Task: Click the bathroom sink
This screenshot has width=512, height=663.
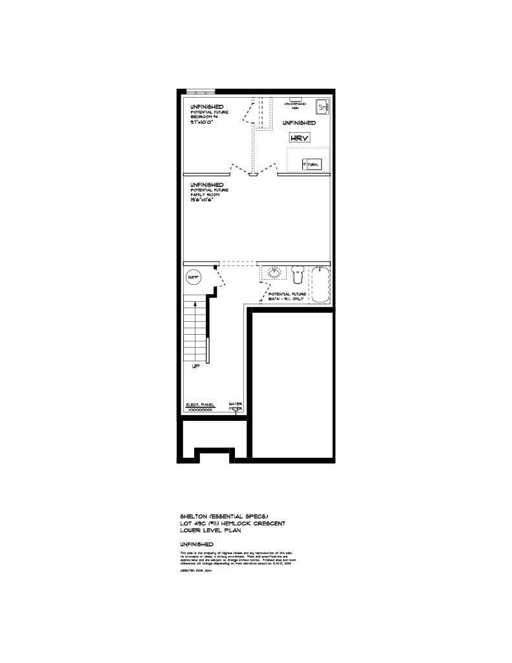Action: click(274, 273)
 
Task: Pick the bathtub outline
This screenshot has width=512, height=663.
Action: click(320, 284)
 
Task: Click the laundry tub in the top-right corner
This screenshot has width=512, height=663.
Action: click(322, 107)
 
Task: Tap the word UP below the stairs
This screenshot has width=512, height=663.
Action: click(195, 366)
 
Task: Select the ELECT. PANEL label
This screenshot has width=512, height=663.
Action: click(199, 405)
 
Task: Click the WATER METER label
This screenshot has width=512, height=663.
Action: click(236, 407)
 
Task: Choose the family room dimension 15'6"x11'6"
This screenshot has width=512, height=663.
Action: click(201, 199)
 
